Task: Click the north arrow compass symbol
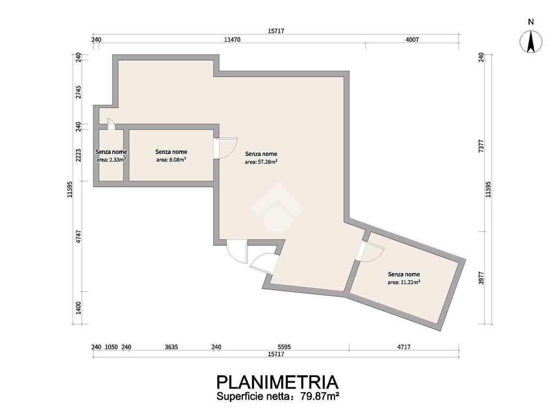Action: pyautogui.click(x=531, y=41)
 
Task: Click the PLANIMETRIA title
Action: pyautogui.click(x=277, y=382)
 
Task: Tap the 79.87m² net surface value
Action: pyautogui.click(x=320, y=396)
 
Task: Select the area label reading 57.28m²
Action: pyautogui.click(x=261, y=162)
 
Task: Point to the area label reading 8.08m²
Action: pyautogui.click(x=171, y=160)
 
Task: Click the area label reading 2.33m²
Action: pyautogui.click(x=111, y=160)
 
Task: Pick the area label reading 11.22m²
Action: pyautogui.click(x=404, y=282)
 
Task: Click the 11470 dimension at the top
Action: pyautogui.click(x=232, y=40)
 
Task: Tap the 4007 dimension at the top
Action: pyautogui.click(x=412, y=40)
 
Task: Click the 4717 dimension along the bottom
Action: pyautogui.click(x=404, y=347)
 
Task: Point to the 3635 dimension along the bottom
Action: pyautogui.click(x=171, y=347)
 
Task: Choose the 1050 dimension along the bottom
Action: pyautogui.click(x=111, y=347)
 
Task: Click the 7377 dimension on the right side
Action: pyautogui.click(x=481, y=146)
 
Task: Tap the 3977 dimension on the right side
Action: pyautogui.click(x=481, y=278)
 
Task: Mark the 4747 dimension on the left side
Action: pyautogui.click(x=79, y=236)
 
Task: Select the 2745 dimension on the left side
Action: pyautogui.click(x=79, y=92)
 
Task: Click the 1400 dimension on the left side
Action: pyautogui.click(x=79, y=308)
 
